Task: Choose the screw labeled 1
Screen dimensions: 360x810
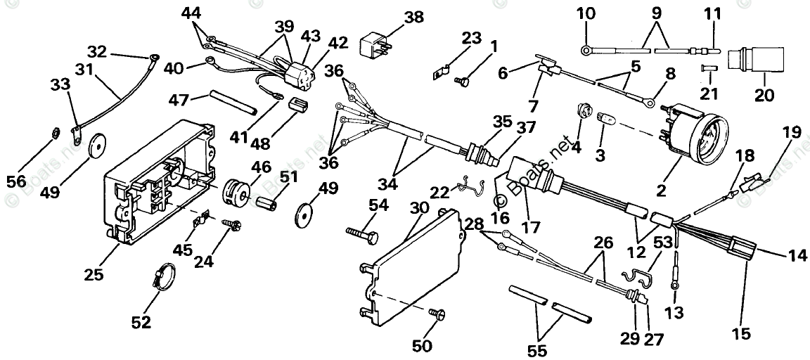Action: pos(463,82)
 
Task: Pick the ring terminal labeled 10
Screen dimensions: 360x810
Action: pos(586,49)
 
